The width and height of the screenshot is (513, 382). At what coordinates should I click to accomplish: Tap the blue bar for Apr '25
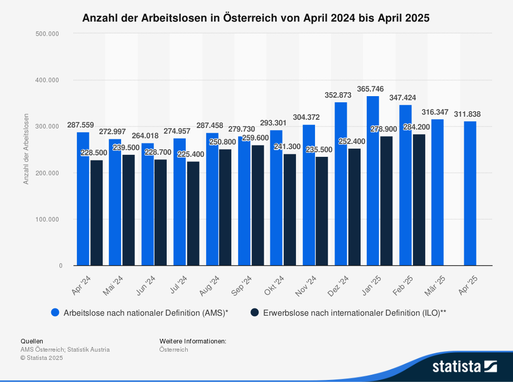pos(470,193)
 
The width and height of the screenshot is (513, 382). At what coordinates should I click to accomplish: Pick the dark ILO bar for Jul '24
pos(193,213)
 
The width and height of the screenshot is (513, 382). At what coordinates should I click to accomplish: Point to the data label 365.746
pos(370,89)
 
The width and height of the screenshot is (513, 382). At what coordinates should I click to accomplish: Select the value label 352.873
pos(338,95)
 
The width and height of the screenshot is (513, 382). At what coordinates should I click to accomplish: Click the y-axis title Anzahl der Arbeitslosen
pos(26,149)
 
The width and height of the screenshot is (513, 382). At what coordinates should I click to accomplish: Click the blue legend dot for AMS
pos(55,312)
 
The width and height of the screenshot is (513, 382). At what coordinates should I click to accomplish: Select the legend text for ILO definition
pos(354,312)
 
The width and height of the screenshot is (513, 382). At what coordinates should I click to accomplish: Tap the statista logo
pos(464,366)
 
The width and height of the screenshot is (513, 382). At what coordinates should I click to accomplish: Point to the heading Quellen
pos(32,341)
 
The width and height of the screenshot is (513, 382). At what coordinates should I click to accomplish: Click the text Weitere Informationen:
pos(193,341)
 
